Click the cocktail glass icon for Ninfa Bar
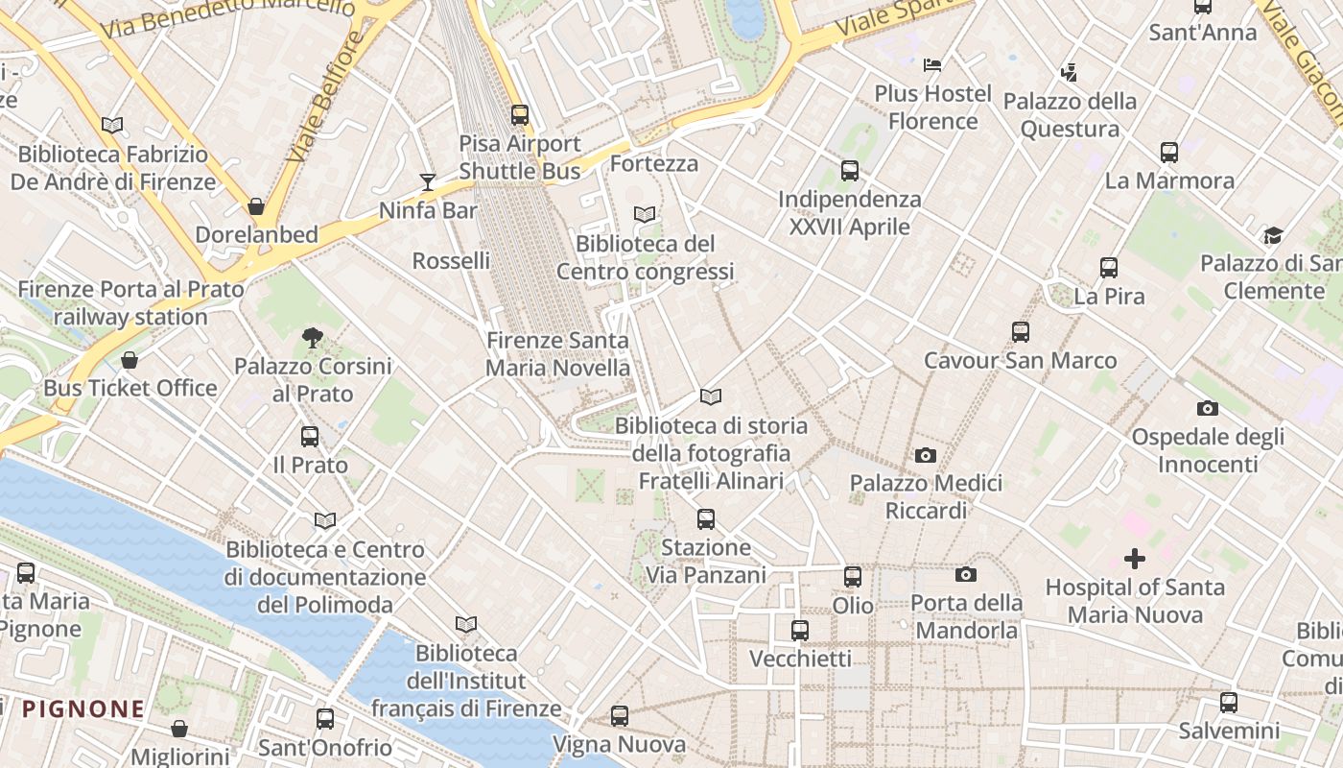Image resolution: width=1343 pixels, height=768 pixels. coord(428,182)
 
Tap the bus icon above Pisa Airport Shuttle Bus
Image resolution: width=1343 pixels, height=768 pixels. coord(520,115)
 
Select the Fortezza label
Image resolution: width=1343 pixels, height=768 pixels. coord(654,163)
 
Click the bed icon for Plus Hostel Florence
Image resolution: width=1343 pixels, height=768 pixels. coord(932,65)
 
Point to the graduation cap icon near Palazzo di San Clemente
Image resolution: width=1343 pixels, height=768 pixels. coord(1273,235)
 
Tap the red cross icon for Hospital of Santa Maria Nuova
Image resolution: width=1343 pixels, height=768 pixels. coord(1135,559)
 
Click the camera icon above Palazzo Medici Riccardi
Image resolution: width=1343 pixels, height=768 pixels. coord(926,455)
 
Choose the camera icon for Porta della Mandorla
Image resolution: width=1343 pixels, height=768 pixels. coord(966,575)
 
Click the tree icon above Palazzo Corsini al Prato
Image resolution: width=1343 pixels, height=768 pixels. coord(312,338)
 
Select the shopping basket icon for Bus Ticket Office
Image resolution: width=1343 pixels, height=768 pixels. coord(130,360)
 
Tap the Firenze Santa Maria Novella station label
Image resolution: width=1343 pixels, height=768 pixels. coord(557,354)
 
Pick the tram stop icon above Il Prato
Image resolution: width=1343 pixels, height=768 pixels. coord(310,437)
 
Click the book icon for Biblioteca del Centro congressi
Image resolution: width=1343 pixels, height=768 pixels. coord(645,215)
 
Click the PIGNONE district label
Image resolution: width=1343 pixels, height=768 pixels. coord(83,709)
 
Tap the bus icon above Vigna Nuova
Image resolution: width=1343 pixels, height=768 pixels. coord(620,716)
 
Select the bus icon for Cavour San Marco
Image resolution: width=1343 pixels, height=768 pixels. coord(1021,332)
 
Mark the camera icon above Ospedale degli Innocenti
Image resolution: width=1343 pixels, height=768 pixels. coord(1208,409)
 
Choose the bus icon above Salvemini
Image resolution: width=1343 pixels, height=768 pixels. coord(1229,703)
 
